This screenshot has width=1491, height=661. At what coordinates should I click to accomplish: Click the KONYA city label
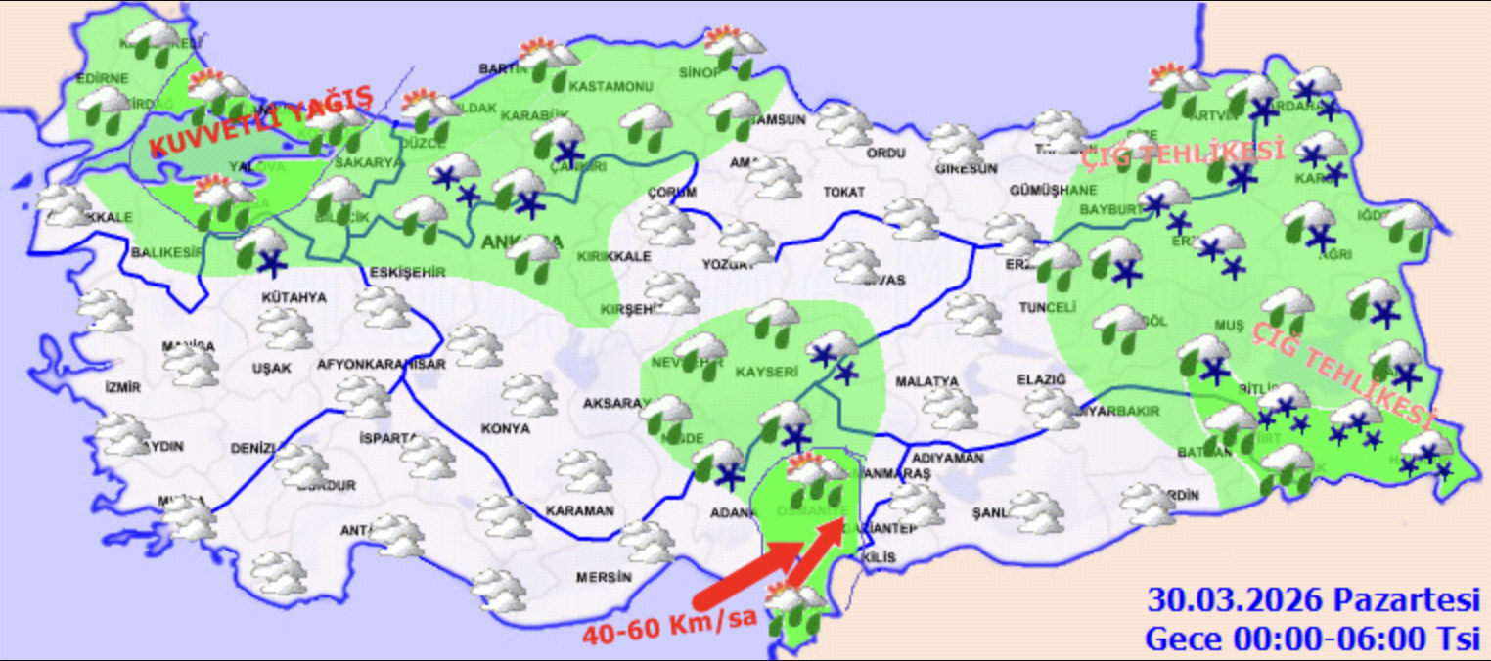tap(505, 428)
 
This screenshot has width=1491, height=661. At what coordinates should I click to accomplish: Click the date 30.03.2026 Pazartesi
tap(1313, 598)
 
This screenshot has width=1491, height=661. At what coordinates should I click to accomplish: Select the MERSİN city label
tap(604, 577)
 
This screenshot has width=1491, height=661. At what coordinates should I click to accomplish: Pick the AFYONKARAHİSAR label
tap(382, 365)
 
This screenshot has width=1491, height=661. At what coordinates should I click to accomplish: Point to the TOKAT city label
tap(843, 193)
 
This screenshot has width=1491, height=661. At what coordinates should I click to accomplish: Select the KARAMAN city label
tap(579, 510)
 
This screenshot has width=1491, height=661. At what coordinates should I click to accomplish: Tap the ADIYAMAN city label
tap(946, 457)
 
